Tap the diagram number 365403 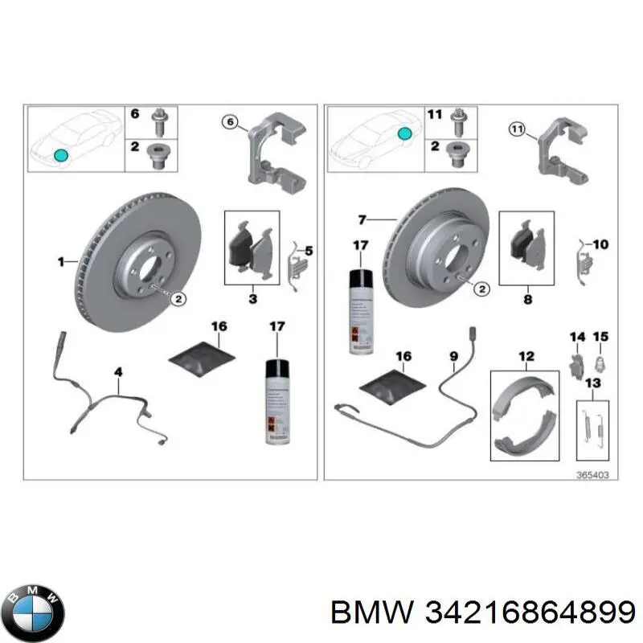(592, 475)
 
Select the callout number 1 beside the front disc (60, 260)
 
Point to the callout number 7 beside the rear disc (362, 219)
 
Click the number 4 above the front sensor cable (118, 371)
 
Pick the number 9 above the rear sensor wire (453, 355)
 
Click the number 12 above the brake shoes (526, 355)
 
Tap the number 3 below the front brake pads (252, 299)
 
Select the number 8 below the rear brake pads (526, 299)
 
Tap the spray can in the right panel (358, 309)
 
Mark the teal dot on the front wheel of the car (59, 154)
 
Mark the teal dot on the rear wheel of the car (407, 132)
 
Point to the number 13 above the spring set (592, 383)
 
